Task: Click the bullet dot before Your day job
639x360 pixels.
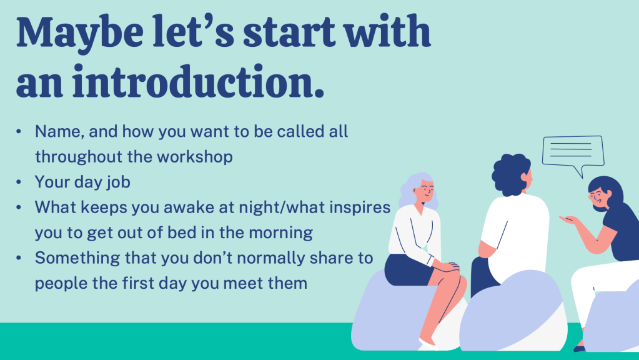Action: (x=19, y=182)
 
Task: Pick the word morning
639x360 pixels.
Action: (x=281, y=233)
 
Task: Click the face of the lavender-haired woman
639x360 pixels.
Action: (x=425, y=191)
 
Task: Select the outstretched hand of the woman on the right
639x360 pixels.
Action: (x=569, y=221)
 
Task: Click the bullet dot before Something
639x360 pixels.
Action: (x=19, y=259)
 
